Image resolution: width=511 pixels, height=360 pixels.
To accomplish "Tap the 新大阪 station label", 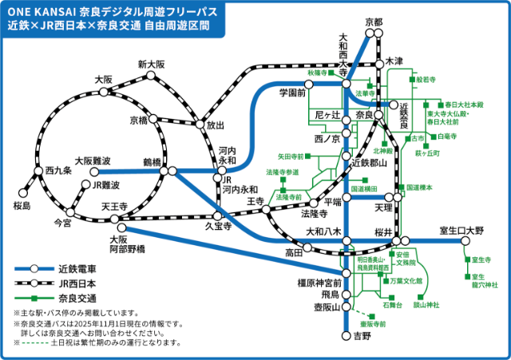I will [150, 64].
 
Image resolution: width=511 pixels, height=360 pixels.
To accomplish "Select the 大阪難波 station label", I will [91, 160].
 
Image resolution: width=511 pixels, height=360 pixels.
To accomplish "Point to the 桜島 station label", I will [22, 206].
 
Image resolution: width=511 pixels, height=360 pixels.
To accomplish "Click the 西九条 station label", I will [58, 171].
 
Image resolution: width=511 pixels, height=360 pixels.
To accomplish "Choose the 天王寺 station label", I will [115, 207].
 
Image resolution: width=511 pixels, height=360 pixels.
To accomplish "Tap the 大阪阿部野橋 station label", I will [128, 244].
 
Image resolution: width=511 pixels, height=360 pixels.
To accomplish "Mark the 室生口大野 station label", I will [462, 231].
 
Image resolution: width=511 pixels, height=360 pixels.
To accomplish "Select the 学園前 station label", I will [293, 93].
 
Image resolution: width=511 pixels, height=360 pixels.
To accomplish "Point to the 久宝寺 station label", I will [217, 227].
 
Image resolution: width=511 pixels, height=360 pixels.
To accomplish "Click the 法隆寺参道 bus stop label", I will [283, 172].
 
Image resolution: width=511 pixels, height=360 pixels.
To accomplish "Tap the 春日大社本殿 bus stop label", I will [465, 105].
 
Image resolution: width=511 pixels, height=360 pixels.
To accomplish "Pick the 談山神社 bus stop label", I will [426, 305].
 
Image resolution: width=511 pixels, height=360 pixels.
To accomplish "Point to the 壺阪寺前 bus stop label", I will [372, 324].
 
